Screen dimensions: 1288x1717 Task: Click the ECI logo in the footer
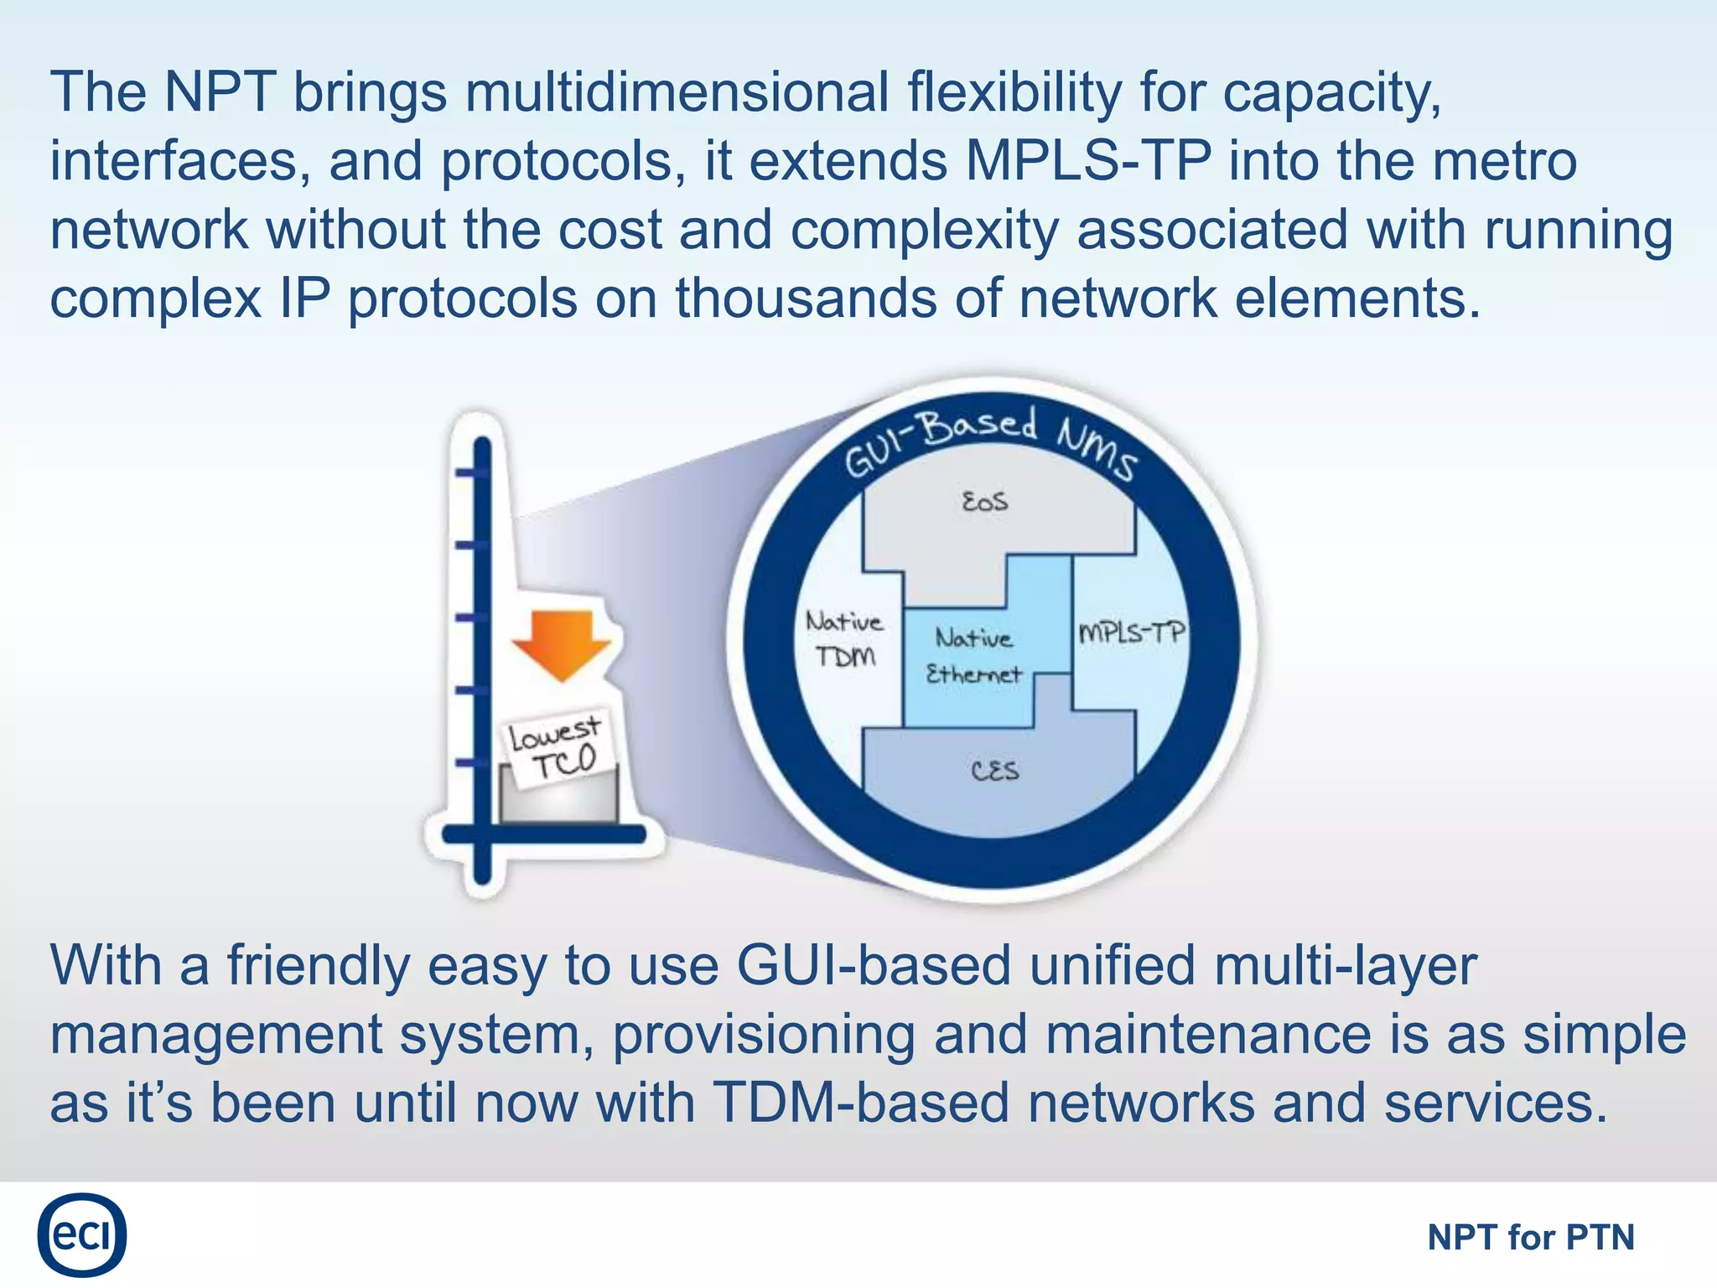point(81,1234)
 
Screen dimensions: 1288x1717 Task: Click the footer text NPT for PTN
point(1531,1237)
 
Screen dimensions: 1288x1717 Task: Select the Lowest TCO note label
point(557,749)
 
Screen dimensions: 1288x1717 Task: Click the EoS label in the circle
point(985,502)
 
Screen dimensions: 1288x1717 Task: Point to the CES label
point(995,771)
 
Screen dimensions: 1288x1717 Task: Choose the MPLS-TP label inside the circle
point(1131,631)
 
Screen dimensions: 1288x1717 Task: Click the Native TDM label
point(845,639)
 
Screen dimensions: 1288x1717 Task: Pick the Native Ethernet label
point(973,657)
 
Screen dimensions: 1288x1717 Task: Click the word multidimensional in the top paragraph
point(677,92)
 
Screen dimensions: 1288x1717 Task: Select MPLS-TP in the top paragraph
point(1088,161)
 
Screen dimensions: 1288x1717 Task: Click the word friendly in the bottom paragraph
point(319,965)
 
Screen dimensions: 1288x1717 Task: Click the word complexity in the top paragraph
point(925,230)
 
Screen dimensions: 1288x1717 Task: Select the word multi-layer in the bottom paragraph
point(1345,965)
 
